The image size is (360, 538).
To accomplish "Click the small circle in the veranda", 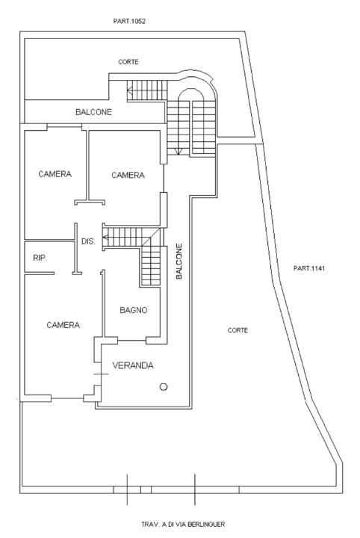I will click(164, 386).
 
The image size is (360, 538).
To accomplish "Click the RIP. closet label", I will click(40, 258).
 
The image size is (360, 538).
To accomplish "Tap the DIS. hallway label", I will click(87, 241).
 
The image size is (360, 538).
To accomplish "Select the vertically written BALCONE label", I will click(179, 261).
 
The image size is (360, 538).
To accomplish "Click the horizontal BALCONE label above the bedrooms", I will click(93, 112).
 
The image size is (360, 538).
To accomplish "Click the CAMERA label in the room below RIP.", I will click(63, 325).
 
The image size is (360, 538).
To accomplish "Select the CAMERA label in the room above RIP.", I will click(55, 174).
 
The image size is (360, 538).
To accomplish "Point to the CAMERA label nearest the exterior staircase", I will click(127, 175).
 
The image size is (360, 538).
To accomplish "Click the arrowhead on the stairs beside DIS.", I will click(105, 238).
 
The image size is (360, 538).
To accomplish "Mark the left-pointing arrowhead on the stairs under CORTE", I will click(130, 91).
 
